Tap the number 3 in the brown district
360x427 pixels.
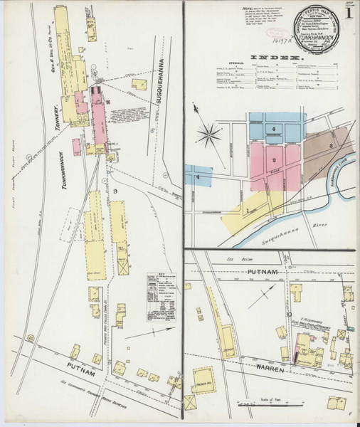[332, 145]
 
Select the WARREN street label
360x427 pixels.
[271, 370]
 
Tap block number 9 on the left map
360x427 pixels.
[115, 191]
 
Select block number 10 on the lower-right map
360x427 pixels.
[290, 313]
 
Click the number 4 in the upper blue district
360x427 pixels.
[273, 129]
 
